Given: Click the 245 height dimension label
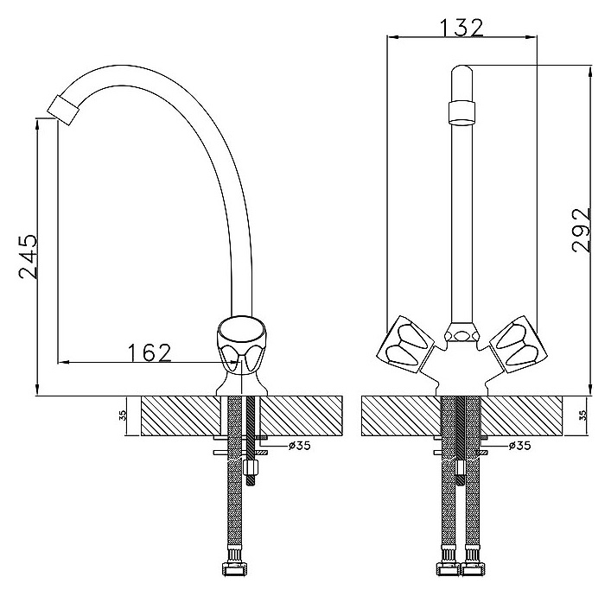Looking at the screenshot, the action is pyautogui.click(x=29, y=257).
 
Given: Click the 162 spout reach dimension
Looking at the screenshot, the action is pyautogui.click(x=150, y=353).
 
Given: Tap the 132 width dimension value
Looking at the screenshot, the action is pyautogui.click(x=461, y=28).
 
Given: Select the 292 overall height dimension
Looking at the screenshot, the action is pyautogui.click(x=582, y=231).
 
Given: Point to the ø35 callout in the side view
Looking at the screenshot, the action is pyautogui.click(x=300, y=445).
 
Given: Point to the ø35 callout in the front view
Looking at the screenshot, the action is pyautogui.click(x=519, y=445).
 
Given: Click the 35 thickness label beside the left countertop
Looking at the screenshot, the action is pyautogui.click(x=122, y=415).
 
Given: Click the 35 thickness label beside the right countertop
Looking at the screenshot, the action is pyautogui.click(x=583, y=415).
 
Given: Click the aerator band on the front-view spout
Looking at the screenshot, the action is pyautogui.click(x=462, y=113).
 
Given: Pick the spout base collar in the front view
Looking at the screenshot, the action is pyautogui.click(x=462, y=332).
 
